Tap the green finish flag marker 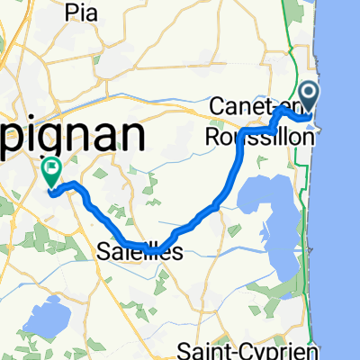tap(50, 168)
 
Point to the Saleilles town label tap(139, 254)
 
